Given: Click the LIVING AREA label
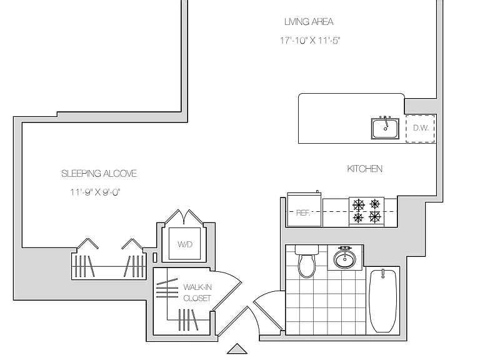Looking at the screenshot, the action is [309, 22].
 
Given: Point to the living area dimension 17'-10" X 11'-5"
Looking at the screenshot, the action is [310, 41].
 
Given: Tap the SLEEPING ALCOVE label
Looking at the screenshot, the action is [99, 174].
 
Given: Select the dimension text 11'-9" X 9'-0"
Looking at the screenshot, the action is [95, 192].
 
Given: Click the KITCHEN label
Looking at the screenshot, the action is [364, 169].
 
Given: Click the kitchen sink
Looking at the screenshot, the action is [385, 128].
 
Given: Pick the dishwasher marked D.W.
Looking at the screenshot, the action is [420, 128].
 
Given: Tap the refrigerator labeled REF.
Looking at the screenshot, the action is [304, 210].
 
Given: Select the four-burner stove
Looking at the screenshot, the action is [366, 212].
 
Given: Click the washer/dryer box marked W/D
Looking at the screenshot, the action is [185, 244].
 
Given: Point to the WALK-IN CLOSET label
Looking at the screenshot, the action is [197, 292].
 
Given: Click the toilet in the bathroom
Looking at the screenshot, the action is [307, 261].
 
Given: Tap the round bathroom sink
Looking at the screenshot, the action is [345, 257].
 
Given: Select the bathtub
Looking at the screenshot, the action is [383, 301].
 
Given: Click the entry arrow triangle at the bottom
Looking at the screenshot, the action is [237, 349].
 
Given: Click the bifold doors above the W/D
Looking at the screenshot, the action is [184, 217].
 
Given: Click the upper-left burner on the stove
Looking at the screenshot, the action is [358, 204].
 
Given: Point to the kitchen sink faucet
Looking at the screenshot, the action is [386, 122].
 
